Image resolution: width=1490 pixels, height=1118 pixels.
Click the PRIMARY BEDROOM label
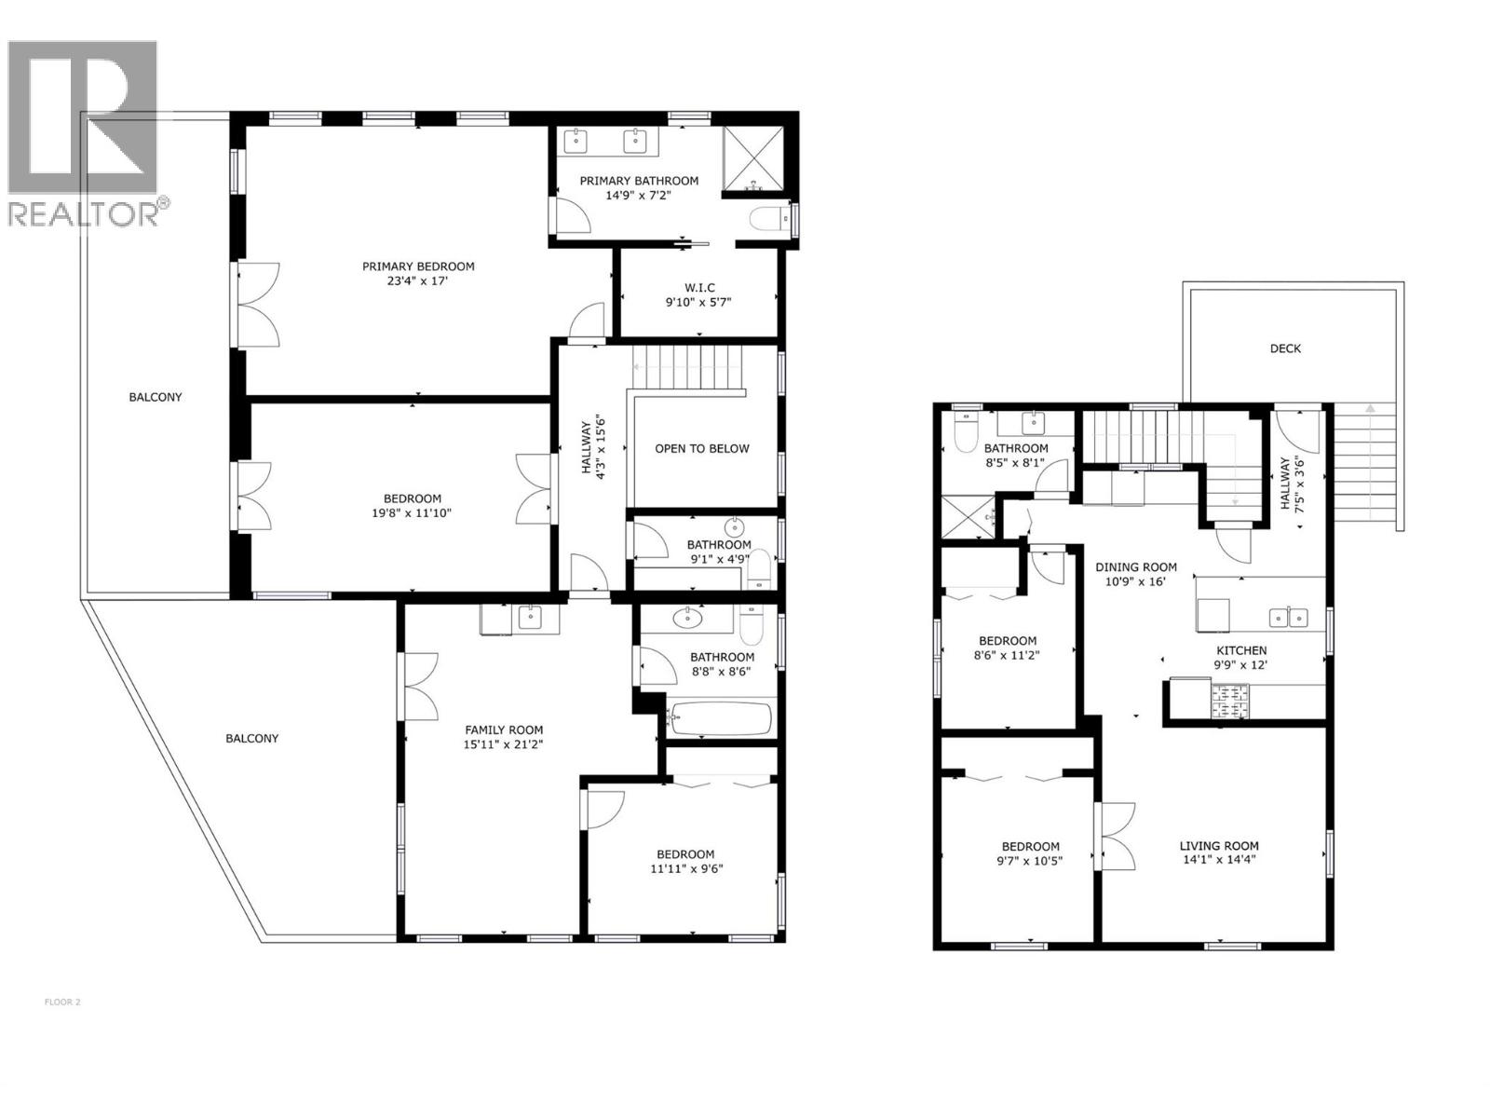[x=418, y=266]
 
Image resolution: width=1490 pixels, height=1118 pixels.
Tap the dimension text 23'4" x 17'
[x=418, y=281]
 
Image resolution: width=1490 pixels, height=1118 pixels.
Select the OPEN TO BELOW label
[x=701, y=448]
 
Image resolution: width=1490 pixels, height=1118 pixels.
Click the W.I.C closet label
[x=699, y=288]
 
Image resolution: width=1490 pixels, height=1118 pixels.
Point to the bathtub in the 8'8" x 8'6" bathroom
[x=719, y=719]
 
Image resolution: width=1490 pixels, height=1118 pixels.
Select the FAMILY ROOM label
[x=504, y=730]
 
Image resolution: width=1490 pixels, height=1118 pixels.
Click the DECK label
[x=1285, y=348]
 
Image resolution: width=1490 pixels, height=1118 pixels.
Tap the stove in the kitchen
[x=1230, y=702]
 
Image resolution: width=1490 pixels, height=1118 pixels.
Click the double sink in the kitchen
[x=1290, y=617]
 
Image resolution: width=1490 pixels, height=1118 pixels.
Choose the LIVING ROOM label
[x=1219, y=846]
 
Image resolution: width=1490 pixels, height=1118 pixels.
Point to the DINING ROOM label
[x=1135, y=566]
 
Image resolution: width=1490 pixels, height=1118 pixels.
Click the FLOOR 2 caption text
[x=62, y=1002]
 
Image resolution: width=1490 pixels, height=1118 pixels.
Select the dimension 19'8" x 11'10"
[x=412, y=512]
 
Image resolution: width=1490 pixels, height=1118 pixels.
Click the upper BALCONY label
[x=156, y=397]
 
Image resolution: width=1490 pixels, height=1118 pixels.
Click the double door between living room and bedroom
[x=1114, y=836]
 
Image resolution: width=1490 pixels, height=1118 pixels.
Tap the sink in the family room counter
[x=529, y=616]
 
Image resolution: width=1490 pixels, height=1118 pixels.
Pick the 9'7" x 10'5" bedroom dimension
[x=1031, y=861]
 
